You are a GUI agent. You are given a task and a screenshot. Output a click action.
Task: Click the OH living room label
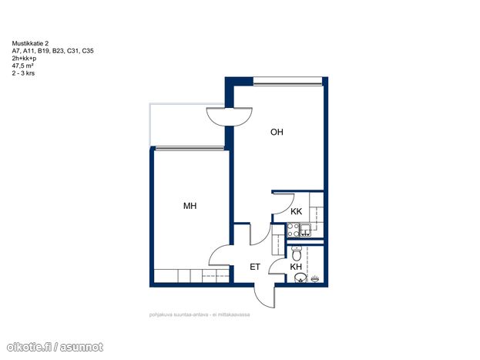click(x=277, y=132)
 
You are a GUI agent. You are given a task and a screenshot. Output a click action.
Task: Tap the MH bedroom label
click(x=190, y=206)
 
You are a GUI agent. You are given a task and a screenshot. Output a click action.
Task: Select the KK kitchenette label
click(x=296, y=211)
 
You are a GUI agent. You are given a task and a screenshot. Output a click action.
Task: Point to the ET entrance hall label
click(x=255, y=267)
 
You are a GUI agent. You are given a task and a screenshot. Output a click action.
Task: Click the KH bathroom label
click(x=296, y=267)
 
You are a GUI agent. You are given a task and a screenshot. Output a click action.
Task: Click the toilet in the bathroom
click(x=296, y=253)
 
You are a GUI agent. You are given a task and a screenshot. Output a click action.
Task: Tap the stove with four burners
click(x=293, y=230)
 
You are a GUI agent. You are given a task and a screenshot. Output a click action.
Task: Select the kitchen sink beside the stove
click(x=305, y=230)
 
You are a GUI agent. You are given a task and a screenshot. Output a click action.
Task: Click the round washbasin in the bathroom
click(x=300, y=278)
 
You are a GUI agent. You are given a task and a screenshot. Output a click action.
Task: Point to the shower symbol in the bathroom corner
click(x=315, y=279)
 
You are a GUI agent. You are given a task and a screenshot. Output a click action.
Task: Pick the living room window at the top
click(x=287, y=81)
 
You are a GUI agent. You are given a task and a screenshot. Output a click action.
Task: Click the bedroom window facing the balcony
click(x=190, y=148)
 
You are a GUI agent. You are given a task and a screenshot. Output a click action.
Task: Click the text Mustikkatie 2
click(x=30, y=43)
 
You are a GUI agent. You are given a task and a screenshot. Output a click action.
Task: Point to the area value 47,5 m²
click(x=22, y=66)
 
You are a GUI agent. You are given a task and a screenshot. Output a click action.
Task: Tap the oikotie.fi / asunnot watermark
click(x=55, y=347)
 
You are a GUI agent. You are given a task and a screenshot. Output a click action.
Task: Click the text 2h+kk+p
click(x=24, y=59)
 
